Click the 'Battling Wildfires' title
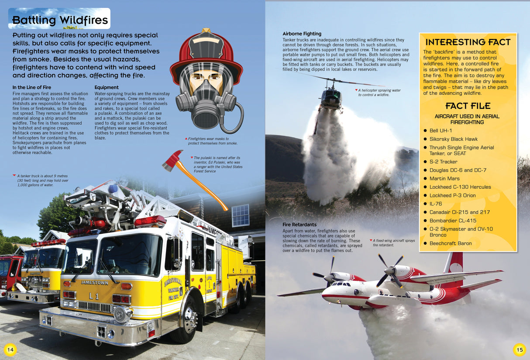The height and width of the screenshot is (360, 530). (x=60, y=20)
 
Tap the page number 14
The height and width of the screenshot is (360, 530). (x=10, y=349)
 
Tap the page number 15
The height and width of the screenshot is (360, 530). (x=519, y=349)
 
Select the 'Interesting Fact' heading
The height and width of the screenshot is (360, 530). (x=468, y=42)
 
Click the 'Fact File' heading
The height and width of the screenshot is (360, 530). (x=468, y=106)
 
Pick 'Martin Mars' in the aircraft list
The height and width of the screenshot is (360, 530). (x=444, y=178)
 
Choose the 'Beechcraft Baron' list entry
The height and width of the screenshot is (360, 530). (x=450, y=243)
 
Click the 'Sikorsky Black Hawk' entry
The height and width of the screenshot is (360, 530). (x=453, y=139)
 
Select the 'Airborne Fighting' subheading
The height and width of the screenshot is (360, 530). (x=302, y=34)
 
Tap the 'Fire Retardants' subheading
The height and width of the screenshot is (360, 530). (x=299, y=225)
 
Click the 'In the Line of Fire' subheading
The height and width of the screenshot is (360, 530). (x=31, y=87)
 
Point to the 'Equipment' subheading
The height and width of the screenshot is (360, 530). (x=107, y=87)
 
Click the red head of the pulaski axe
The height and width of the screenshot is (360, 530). (x=173, y=159)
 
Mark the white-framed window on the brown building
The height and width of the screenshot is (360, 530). (x=240, y=215)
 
